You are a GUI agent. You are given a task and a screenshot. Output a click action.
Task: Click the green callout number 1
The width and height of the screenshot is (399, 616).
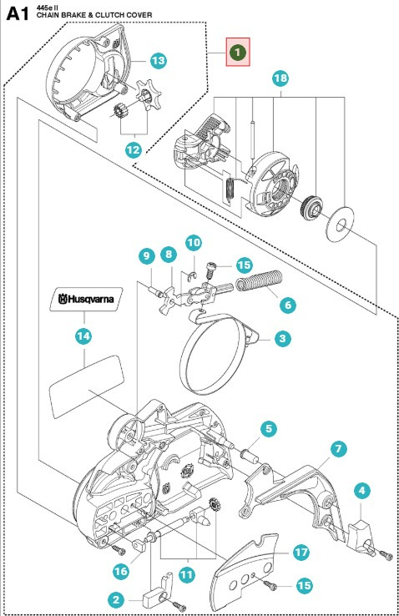point(238,52)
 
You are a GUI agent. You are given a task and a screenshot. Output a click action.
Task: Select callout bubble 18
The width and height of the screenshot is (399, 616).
point(280,79)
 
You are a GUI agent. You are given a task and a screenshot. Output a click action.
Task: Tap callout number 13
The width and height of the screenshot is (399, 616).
point(159,60)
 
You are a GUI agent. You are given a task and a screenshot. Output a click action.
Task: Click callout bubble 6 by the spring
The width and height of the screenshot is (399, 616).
point(287,305)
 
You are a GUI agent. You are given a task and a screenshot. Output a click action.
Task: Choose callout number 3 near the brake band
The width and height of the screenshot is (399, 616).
point(283,339)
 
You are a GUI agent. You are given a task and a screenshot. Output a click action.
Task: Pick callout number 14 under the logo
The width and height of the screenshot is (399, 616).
point(83,336)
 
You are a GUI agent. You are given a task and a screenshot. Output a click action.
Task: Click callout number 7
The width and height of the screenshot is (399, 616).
point(338,449)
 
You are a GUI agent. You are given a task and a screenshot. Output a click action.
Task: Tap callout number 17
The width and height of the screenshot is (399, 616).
point(301,553)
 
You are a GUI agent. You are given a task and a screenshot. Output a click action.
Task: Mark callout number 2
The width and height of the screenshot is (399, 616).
point(117,597)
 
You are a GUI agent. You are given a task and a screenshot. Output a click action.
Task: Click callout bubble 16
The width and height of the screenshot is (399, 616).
point(122,570)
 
